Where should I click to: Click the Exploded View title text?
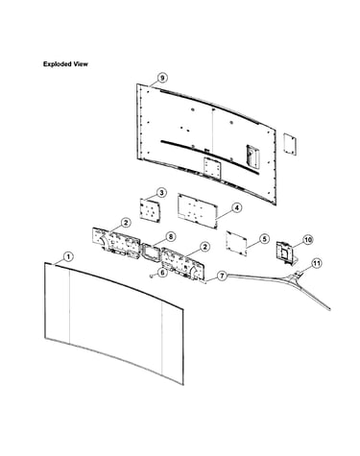point(65,64)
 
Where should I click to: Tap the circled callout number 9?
point(162,78)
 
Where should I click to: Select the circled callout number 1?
point(68,256)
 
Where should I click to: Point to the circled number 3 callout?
point(161,193)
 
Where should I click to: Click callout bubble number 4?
point(236,208)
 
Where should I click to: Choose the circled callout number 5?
point(264,239)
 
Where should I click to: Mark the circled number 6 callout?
point(163,273)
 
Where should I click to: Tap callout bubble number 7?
point(222,276)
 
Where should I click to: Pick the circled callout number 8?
point(171,237)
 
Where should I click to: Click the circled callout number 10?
point(308,240)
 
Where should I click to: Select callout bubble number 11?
point(317,263)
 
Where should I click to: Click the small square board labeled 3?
point(150,210)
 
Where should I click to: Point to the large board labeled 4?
point(198,210)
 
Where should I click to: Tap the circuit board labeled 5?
point(236,243)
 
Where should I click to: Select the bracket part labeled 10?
point(285,252)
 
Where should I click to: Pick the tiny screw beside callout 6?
point(151,276)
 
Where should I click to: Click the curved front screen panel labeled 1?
point(114,324)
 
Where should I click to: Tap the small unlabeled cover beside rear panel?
point(290,144)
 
